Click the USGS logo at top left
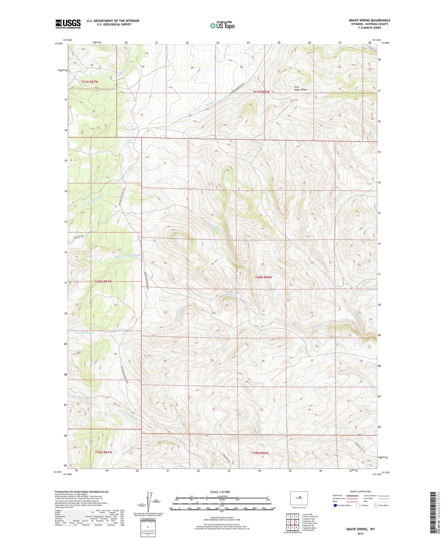68,24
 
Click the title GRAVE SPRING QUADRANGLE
369,20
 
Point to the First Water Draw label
300,88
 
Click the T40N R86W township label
263,277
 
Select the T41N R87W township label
89,82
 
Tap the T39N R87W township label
103,452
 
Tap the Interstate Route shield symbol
335,505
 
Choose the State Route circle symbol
376,505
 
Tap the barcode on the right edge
433,513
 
